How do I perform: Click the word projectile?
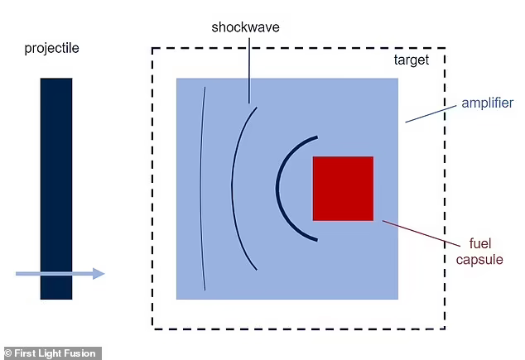pos(52,49)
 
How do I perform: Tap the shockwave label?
pos(245,27)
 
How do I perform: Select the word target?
pos(412,60)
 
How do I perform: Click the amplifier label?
pos(487,103)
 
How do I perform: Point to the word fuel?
pos(480,243)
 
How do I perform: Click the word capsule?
pos(479,260)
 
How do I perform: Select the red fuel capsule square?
pos(343,189)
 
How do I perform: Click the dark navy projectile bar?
pos(56,189)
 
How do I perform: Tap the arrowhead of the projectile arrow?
pos(99,274)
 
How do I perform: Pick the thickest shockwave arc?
pos(277,189)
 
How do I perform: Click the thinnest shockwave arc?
pos(201,189)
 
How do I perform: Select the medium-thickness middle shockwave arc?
pos(232,189)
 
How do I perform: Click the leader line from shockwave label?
pos(248,70)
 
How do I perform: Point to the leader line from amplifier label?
pos(431,114)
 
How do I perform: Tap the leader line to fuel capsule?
pos(421,233)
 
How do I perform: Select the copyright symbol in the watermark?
pos(8,353)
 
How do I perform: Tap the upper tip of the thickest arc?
pos(317,137)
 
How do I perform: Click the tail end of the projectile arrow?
pos(16,274)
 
